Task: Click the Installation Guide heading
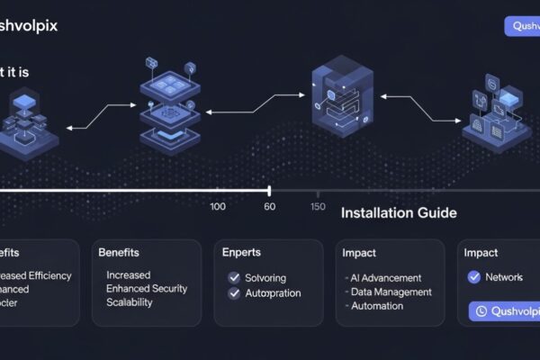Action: click(399, 213)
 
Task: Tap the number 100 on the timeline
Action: click(218, 207)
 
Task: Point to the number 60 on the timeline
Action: click(269, 207)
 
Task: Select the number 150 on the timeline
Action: click(318, 207)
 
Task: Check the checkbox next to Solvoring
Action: click(234, 278)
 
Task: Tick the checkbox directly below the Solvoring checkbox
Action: click(234, 293)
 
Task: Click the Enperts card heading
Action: click(241, 253)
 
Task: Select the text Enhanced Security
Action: click(148, 288)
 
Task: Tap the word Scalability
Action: click(130, 302)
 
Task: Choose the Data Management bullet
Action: click(390, 292)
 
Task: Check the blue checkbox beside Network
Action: click(474, 277)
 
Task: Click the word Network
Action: click(504, 277)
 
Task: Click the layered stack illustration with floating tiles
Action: click(168, 106)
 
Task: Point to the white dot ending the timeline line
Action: click(268, 190)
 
